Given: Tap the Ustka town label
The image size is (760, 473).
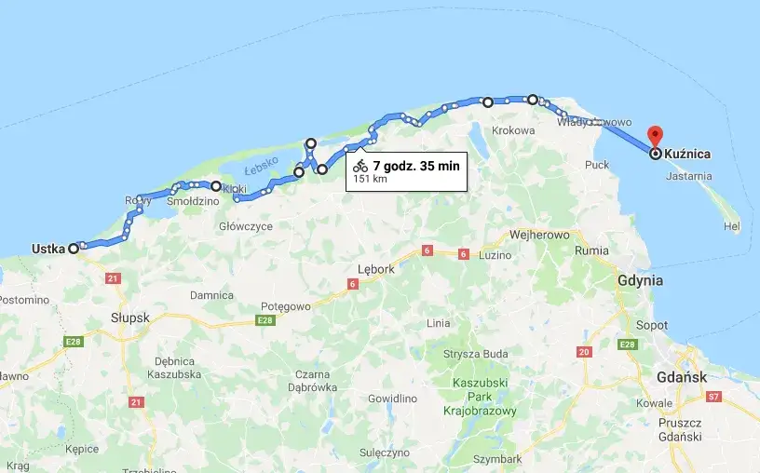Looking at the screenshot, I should click(47, 249).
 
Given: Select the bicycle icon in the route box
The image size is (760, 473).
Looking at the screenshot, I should click(360, 166).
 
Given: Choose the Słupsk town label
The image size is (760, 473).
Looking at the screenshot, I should click(129, 318).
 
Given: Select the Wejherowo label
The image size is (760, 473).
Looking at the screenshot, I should click(537, 235).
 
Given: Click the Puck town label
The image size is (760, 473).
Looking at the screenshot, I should click(596, 165).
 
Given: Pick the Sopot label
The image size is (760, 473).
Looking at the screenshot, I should click(652, 326).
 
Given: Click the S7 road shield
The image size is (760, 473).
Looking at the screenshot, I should click(714, 397).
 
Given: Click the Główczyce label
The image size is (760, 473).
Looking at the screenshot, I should click(246, 225).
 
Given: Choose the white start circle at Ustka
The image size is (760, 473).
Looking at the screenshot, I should click(74, 249).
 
